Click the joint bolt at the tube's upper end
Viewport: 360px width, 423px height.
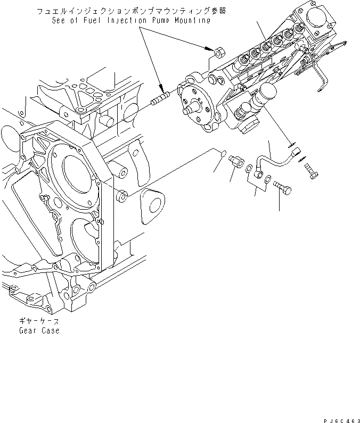click(312, 171)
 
